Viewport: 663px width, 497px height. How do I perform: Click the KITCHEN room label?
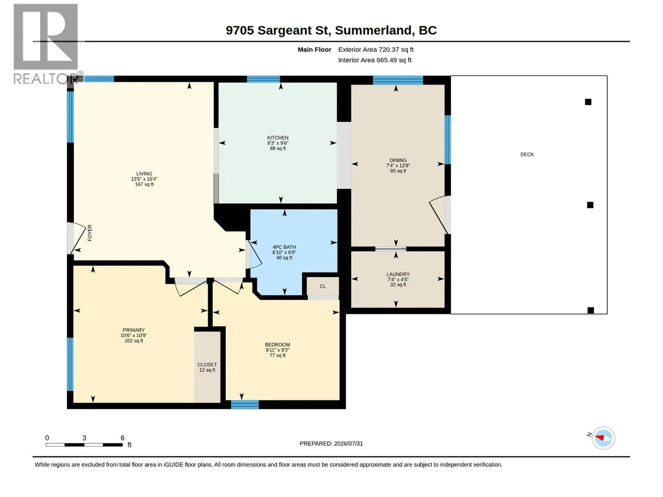click(277, 138)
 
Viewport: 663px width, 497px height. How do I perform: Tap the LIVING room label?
click(144, 174)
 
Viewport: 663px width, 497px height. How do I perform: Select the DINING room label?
click(398, 160)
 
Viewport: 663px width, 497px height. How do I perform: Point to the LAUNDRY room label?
click(398, 274)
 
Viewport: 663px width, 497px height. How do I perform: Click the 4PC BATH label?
click(284, 247)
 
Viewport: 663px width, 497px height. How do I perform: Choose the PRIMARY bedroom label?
click(133, 330)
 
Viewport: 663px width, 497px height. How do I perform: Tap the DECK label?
click(527, 154)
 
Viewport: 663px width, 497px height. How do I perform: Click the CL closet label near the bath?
click(322, 286)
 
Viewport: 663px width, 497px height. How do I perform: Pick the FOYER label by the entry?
click(90, 233)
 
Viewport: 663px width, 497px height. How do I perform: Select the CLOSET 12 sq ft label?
click(207, 367)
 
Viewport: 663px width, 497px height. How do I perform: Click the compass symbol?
click(603, 438)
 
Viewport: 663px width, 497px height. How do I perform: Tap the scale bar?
click(84, 445)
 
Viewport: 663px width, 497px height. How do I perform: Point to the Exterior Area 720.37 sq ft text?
click(376, 49)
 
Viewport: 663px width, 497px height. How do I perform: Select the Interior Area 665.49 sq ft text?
click(375, 60)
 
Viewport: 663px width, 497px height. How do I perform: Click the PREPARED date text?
click(331, 444)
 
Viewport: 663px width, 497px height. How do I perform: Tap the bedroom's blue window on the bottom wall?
click(244, 404)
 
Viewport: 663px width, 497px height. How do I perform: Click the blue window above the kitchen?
click(264, 79)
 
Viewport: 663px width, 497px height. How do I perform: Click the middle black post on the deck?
click(590, 205)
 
